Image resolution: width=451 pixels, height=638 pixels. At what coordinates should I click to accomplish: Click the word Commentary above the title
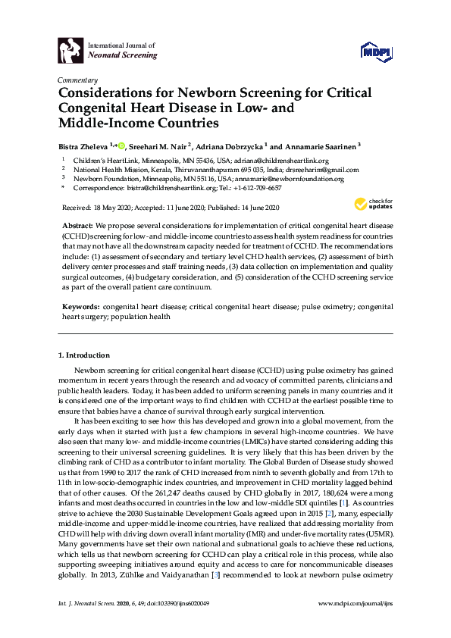(x=77, y=80)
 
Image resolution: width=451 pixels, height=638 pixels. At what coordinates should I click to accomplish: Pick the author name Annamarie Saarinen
(x=321, y=146)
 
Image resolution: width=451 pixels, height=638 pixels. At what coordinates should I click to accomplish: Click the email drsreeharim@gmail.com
(x=324, y=170)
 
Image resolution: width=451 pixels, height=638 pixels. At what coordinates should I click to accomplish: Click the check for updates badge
(x=373, y=205)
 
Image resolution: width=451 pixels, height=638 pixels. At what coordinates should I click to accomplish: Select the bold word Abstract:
(x=77, y=227)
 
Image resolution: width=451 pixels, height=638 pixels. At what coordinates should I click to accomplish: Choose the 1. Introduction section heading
(x=84, y=355)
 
